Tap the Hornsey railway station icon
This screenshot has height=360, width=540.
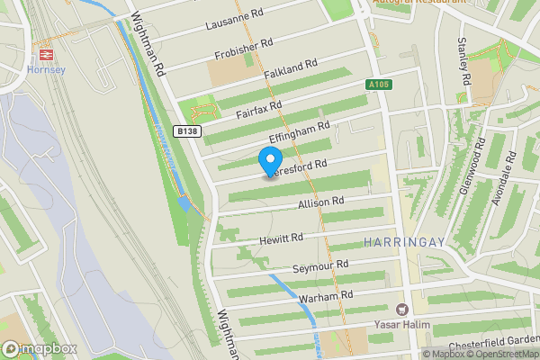[48, 53]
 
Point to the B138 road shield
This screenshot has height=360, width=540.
[186, 130]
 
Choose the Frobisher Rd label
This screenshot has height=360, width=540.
[243, 44]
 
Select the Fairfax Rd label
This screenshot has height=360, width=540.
[259, 111]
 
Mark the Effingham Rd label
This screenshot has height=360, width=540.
[300, 132]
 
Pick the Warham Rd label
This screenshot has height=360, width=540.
[328, 294]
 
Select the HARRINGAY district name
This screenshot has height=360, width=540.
[400, 242]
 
